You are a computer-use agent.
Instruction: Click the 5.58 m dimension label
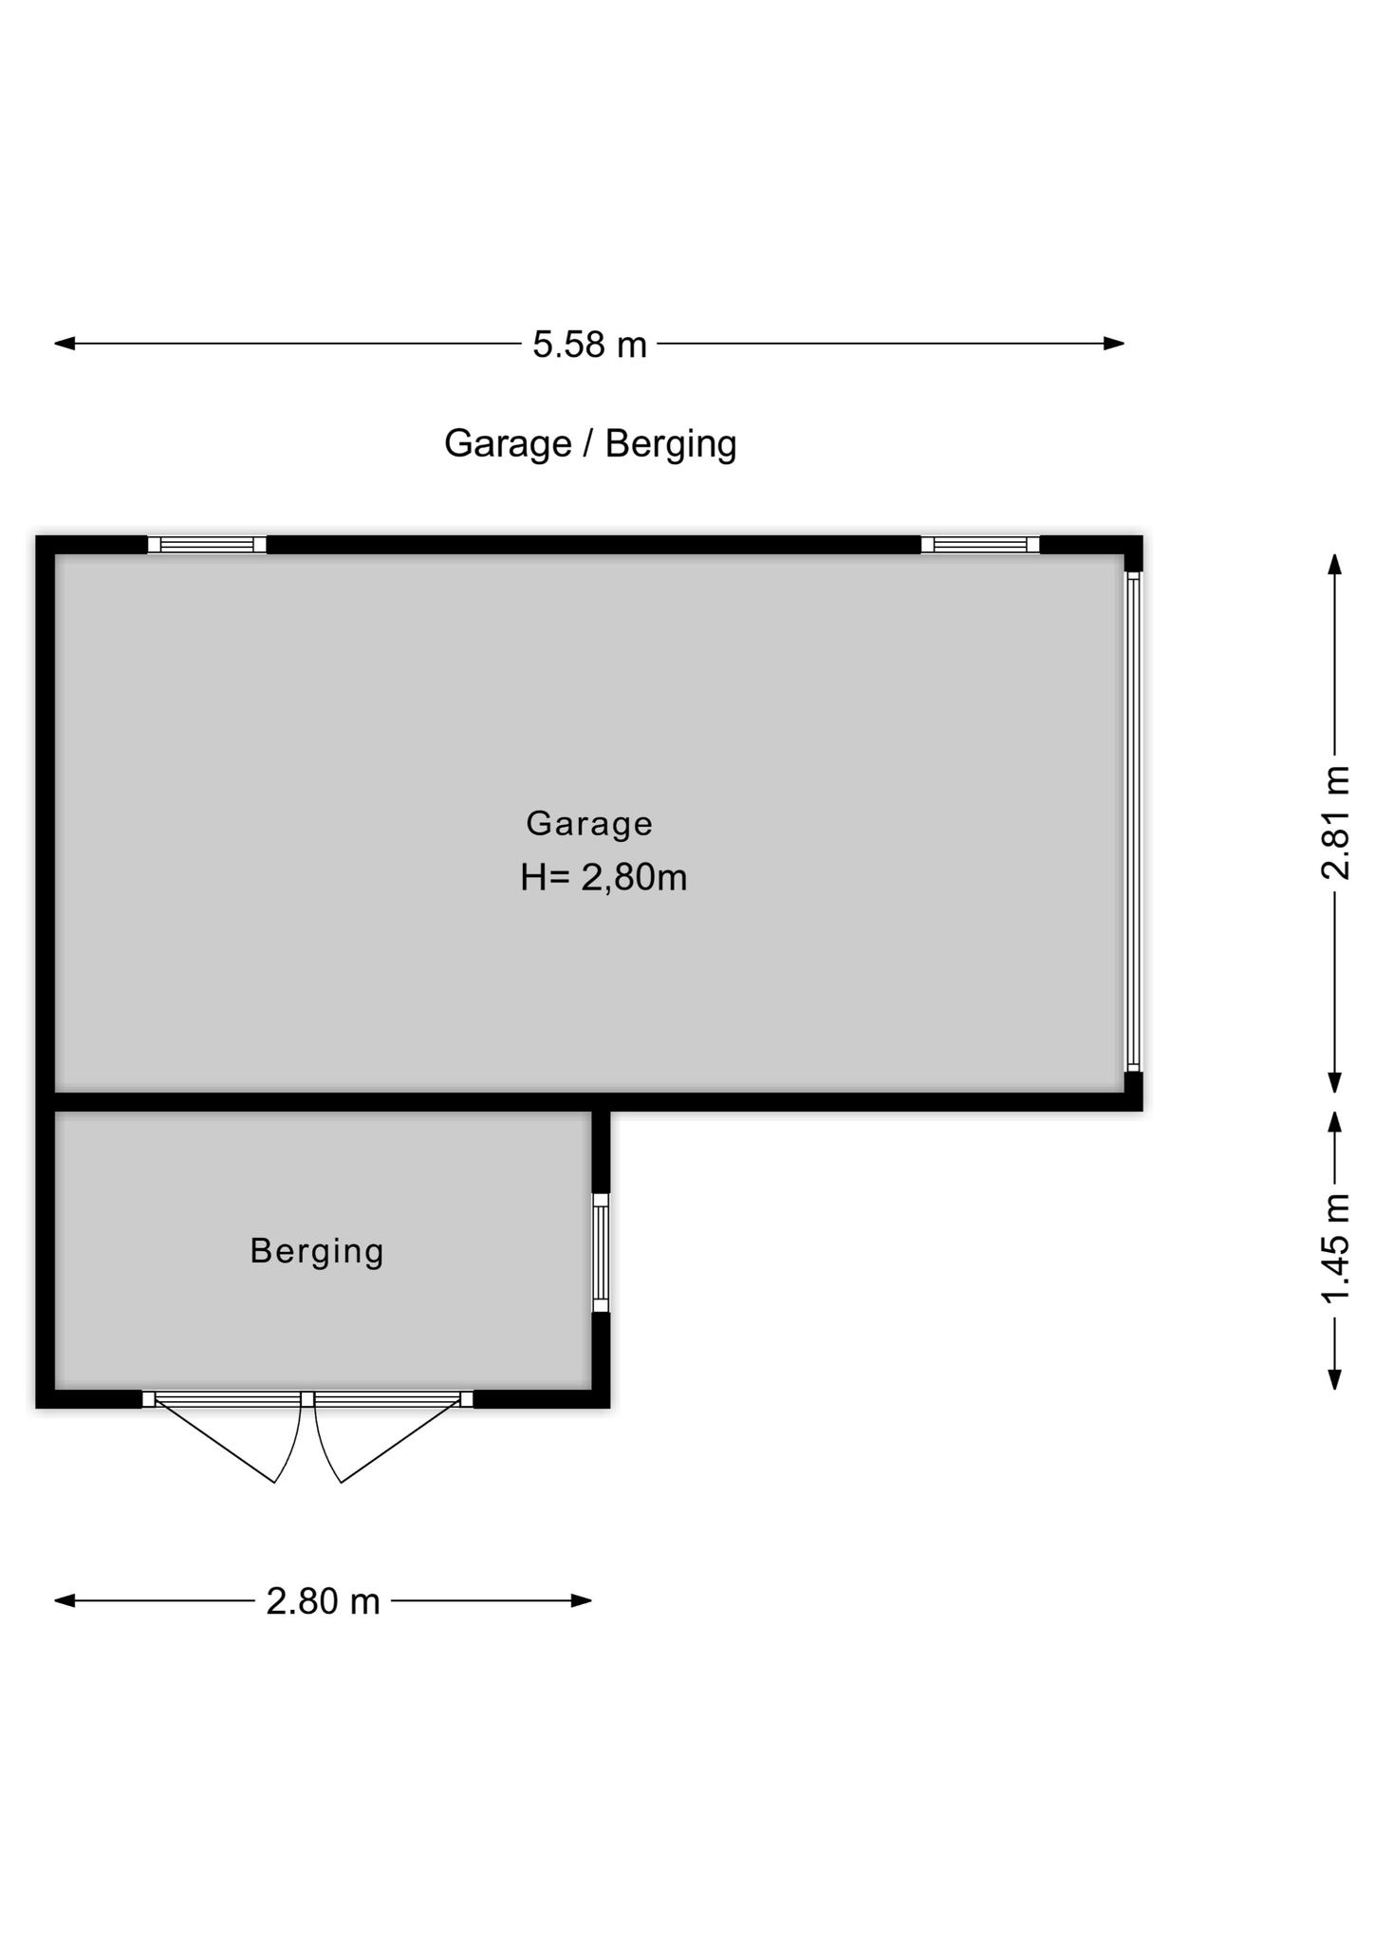click(x=589, y=345)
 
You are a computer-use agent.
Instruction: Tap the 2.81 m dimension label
click(x=1335, y=823)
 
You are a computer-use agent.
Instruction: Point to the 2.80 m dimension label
click(x=323, y=1601)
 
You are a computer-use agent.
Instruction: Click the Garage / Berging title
click(x=590, y=444)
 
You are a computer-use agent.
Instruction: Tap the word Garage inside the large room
click(x=589, y=824)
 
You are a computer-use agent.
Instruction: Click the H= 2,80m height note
click(x=603, y=878)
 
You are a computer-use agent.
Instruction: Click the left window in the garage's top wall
click(x=207, y=545)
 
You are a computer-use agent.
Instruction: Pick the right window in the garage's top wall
click(x=980, y=545)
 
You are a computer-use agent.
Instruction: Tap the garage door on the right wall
click(x=1133, y=822)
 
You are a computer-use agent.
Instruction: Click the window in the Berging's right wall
click(x=601, y=1253)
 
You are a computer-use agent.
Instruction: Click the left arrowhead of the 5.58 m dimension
click(x=65, y=344)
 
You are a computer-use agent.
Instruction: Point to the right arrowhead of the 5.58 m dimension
click(x=1114, y=344)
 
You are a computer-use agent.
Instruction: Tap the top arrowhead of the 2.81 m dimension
click(x=1335, y=565)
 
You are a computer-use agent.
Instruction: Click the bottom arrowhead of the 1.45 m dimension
click(x=1335, y=1378)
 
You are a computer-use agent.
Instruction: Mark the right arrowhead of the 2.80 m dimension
click(x=581, y=1600)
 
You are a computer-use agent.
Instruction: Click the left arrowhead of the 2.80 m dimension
click(x=65, y=1600)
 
